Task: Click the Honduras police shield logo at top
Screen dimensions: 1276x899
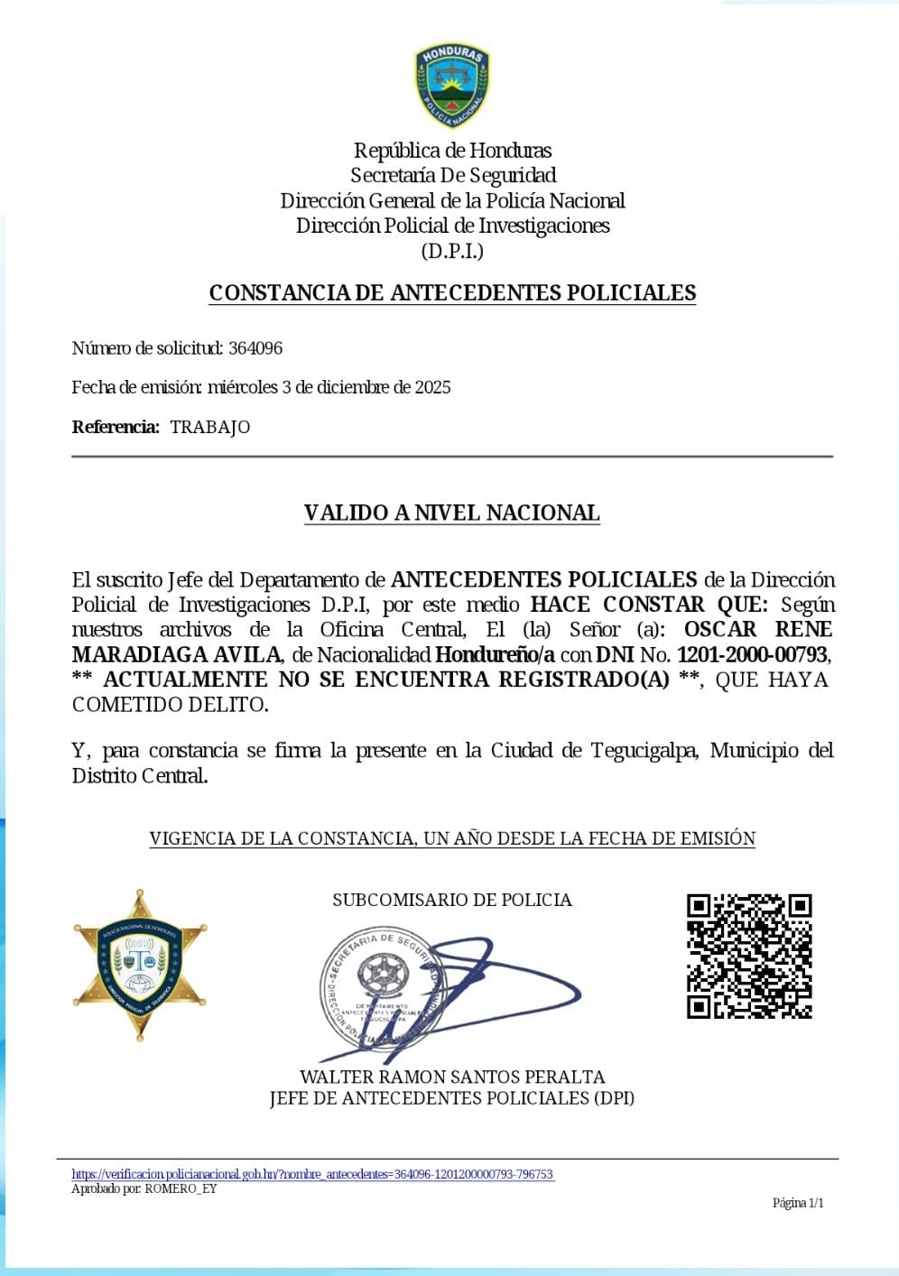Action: click(452, 86)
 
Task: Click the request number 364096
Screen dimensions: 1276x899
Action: click(255, 348)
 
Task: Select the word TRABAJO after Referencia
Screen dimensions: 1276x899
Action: click(209, 427)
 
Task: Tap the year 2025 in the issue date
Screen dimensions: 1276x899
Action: click(432, 387)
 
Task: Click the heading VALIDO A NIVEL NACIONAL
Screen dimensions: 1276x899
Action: click(451, 513)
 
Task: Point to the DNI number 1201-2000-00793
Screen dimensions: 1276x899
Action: click(752, 654)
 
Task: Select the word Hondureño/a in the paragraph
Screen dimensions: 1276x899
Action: click(495, 654)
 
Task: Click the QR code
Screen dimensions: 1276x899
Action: click(749, 957)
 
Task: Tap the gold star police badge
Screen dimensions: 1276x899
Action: click(140, 965)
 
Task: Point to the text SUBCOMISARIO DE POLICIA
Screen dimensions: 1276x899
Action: click(451, 900)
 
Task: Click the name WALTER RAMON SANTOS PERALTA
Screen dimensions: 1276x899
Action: click(451, 1077)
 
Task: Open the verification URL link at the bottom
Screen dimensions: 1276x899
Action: click(312, 1174)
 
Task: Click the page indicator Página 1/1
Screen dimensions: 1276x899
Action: click(797, 1203)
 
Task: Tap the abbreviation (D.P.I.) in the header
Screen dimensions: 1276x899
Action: click(452, 252)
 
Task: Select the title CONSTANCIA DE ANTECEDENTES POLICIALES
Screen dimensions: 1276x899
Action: click(452, 293)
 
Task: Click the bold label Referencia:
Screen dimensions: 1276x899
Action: click(116, 427)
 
